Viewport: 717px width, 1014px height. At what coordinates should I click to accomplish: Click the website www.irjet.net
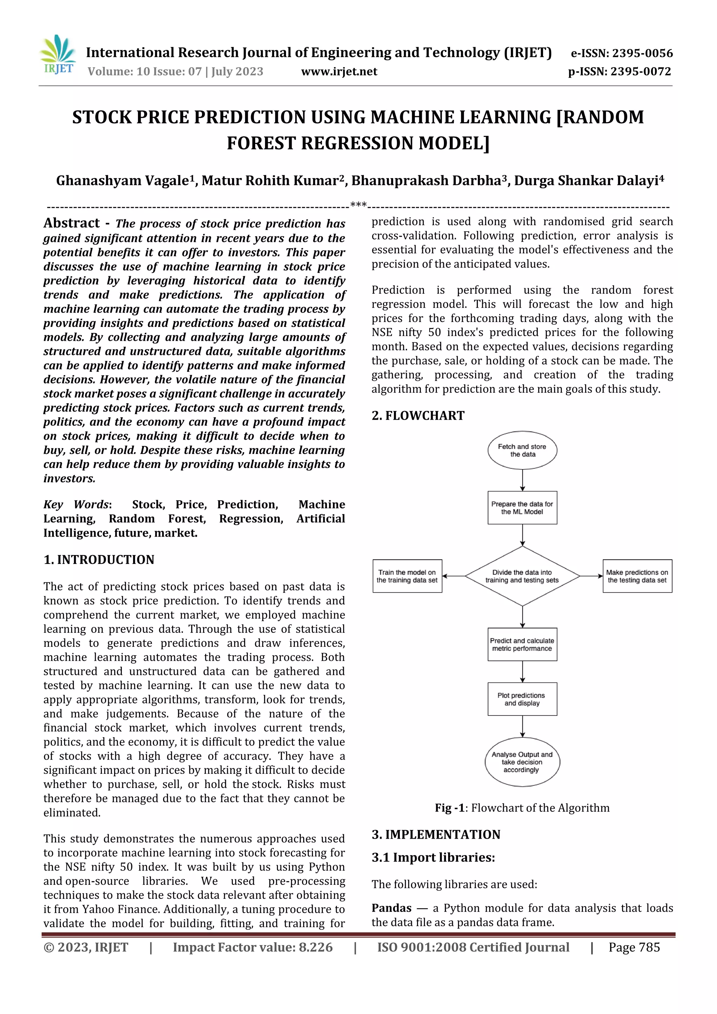339,71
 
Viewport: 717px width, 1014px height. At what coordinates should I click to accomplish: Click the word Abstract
71,223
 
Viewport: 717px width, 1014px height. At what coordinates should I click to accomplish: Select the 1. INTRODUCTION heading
99,560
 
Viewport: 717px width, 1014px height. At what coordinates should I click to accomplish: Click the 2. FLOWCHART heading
418,415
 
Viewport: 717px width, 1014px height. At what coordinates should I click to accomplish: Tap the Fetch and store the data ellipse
522,450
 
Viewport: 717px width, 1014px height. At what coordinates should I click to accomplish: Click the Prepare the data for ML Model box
522,508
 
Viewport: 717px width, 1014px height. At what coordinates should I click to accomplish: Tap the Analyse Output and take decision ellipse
522,762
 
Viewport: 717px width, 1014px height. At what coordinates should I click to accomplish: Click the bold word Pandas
391,908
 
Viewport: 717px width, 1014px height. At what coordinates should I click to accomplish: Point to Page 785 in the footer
634,947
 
